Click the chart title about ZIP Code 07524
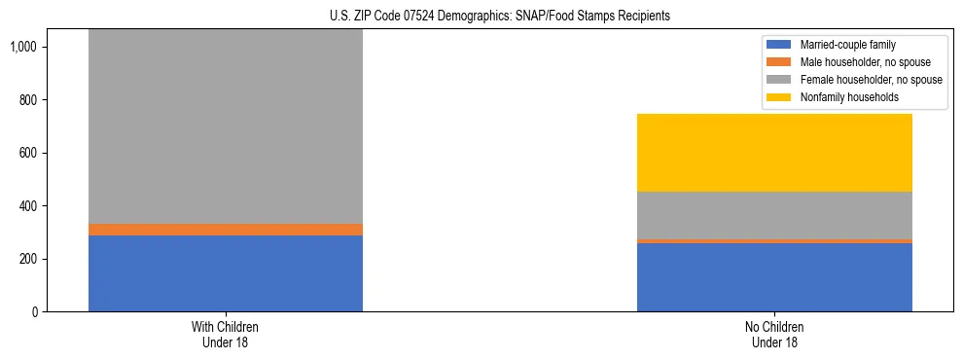click(481, 17)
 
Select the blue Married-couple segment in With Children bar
click(225, 273)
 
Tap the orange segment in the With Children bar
click(225, 230)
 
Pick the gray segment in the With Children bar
click(225, 126)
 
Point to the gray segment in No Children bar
click(774, 215)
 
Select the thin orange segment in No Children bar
click(774, 240)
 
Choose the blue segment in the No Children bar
click(774, 277)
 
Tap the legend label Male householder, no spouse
click(865, 62)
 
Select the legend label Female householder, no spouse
click(871, 80)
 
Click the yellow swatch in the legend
click(779, 97)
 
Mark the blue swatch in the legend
click(779, 45)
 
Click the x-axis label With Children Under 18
click(225, 334)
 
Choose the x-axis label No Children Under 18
click(774, 334)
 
